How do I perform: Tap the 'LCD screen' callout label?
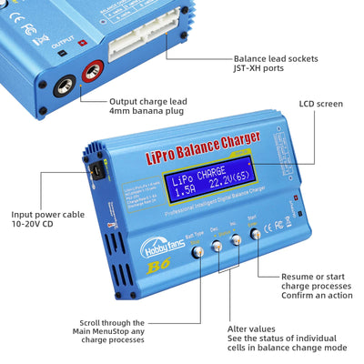320,104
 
